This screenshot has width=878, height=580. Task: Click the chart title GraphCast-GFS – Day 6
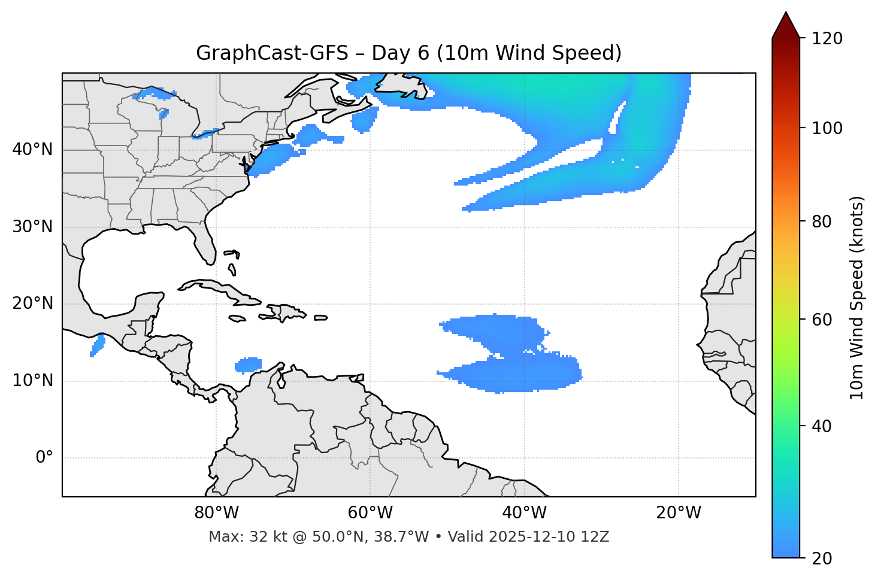(408, 53)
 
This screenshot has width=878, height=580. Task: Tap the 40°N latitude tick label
(32, 150)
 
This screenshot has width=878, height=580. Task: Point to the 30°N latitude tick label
(32, 227)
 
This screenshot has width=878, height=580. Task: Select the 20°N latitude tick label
(32, 303)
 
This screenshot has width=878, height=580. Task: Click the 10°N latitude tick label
(32, 381)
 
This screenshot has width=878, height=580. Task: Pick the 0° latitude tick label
(44, 458)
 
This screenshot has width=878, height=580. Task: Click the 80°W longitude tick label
(216, 513)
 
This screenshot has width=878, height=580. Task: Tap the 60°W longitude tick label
(370, 513)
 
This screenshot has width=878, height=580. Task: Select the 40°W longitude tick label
(524, 513)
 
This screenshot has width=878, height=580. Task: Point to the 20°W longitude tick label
(678, 513)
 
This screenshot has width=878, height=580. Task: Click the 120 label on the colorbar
(827, 38)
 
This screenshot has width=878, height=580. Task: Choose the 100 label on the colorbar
(827, 128)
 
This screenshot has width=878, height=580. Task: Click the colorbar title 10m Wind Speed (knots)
(857, 298)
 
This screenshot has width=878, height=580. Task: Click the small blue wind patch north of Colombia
(248, 365)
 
